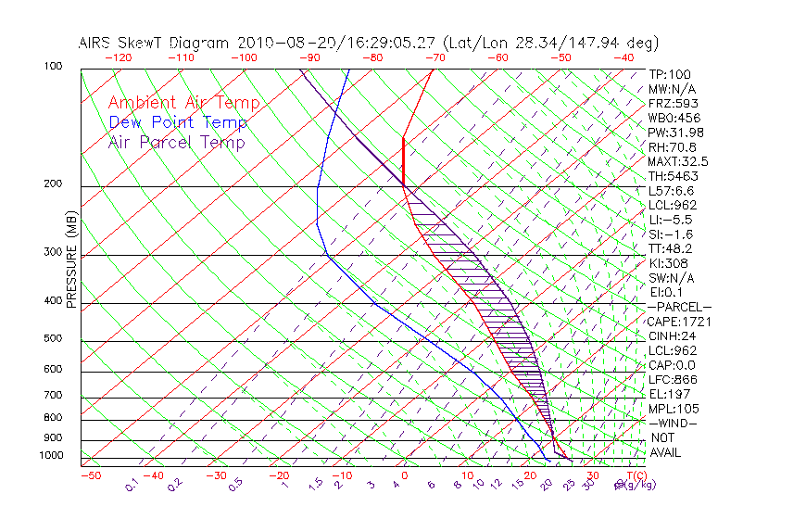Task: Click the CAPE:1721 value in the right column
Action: [x=674, y=321]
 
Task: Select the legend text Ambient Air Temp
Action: [x=183, y=103]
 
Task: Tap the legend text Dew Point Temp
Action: [x=178, y=122]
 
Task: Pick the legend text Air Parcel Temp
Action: [x=176, y=142]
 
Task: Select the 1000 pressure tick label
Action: [x=54, y=456]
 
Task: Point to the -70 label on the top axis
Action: [x=434, y=57]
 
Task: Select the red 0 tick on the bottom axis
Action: [x=404, y=475]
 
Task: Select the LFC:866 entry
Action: [x=673, y=379]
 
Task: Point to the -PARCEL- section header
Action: [x=680, y=307]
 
